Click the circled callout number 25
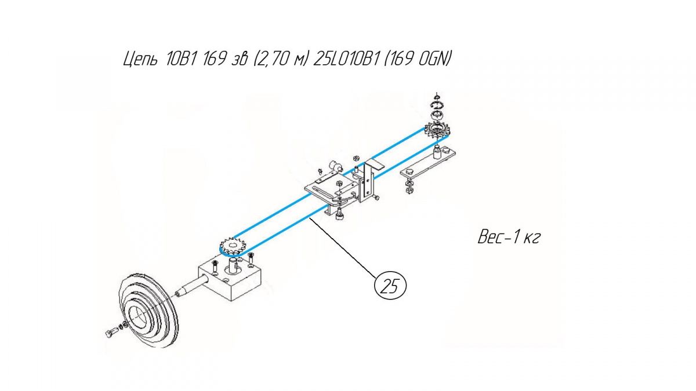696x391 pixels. (x=390, y=286)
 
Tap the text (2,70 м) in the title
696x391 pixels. (x=281, y=59)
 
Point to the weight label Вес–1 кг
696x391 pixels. (x=509, y=237)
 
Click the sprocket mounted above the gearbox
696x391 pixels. (x=233, y=247)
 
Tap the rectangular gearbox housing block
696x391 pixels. (x=230, y=278)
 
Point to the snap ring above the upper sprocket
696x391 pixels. (x=437, y=105)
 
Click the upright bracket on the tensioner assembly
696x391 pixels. (x=368, y=181)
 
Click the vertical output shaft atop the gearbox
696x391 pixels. (x=234, y=266)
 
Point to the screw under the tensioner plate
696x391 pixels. (x=339, y=214)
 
